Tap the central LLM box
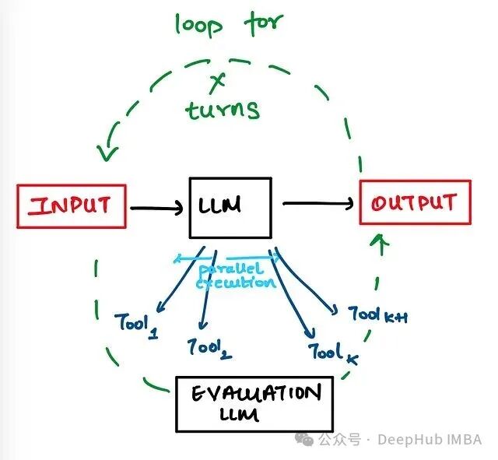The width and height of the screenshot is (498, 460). click(230, 207)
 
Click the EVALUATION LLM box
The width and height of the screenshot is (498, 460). click(254, 404)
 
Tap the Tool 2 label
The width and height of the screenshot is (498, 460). click(209, 347)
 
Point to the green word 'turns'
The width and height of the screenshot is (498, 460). click(223, 109)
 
